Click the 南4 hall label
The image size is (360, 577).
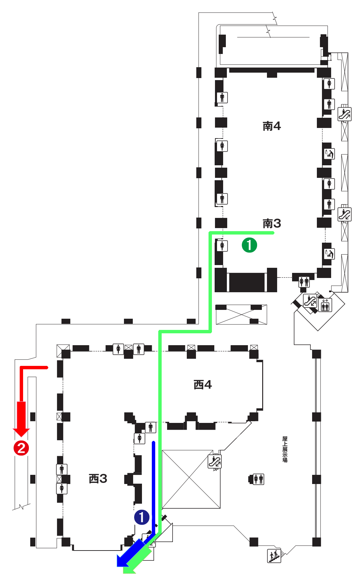(272, 126)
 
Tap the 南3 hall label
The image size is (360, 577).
(272, 223)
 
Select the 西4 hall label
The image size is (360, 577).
(203, 385)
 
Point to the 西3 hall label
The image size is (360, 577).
(98, 479)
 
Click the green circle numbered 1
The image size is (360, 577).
(249, 245)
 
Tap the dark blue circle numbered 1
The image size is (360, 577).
(142, 517)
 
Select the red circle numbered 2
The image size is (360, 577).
(21, 448)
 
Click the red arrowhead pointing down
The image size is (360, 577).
(21, 431)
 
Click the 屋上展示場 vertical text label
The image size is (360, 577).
(285, 449)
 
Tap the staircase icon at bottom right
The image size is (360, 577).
(274, 556)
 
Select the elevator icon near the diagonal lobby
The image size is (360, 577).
(325, 305)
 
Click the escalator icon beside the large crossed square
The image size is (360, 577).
(215, 462)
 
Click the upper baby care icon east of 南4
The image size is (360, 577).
(329, 154)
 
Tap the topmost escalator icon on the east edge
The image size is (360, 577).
(344, 114)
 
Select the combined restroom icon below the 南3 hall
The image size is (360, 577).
(304, 282)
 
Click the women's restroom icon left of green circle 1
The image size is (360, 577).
(222, 245)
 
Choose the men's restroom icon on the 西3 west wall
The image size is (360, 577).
(61, 469)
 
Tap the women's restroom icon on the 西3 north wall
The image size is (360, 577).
(118, 349)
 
